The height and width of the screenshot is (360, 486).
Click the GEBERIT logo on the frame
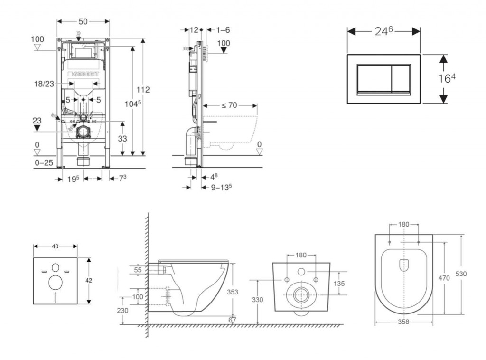(x=85, y=74)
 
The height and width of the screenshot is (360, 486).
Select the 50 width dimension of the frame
(x=83, y=22)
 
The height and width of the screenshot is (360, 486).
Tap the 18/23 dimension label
(x=43, y=84)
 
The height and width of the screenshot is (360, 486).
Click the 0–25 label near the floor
(x=44, y=162)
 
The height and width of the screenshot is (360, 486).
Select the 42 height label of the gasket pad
(x=89, y=280)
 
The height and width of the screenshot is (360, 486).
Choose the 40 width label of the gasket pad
(x=55, y=246)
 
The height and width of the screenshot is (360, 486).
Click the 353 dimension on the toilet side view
(x=232, y=292)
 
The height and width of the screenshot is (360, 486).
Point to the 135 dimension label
(x=338, y=283)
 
